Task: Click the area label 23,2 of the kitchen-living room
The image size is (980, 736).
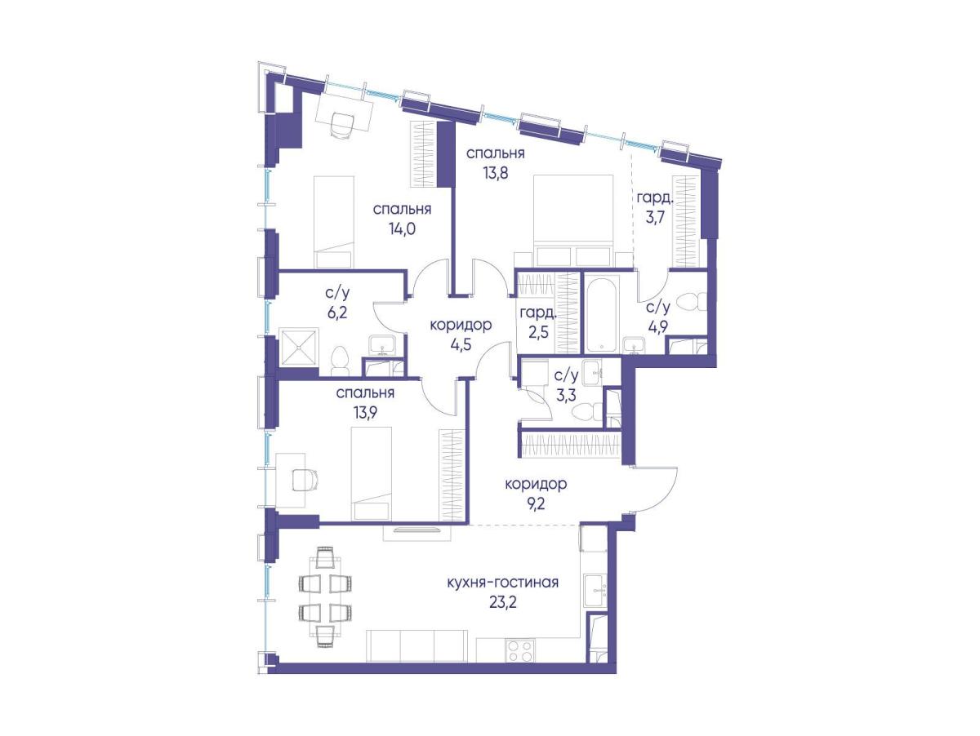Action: [x=503, y=604]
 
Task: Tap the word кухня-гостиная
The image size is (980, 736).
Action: [x=503, y=582]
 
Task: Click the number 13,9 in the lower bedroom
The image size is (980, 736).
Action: [x=365, y=413]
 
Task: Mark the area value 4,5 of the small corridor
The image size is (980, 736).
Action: [x=461, y=345]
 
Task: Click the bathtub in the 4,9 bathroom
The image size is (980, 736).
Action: [x=602, y=314]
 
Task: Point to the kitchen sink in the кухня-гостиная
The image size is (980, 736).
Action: [x=595, y=592]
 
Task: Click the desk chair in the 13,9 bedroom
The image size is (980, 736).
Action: [x=305, y=480]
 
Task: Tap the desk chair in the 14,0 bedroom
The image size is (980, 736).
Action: [x=341, y=125]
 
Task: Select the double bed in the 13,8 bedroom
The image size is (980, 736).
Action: [x=574, y=222]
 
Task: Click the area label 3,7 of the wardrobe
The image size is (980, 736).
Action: [x=653, y=219]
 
